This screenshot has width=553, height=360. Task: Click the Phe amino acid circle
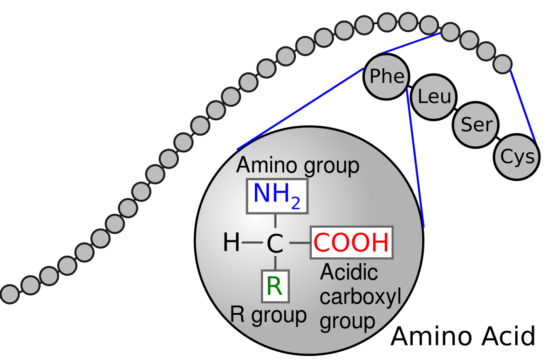(x=386, y=76)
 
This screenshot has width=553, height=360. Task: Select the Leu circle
(x=434, y=97)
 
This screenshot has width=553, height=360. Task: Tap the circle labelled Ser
(x=476, y=124)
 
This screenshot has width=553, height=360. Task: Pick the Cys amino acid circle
(x=517, y=157)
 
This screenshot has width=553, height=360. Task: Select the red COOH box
(x=352, y=242)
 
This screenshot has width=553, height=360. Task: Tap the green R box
(x=275, y=286)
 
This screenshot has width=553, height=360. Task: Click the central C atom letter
(x=275, y=244)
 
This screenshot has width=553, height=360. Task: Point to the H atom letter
(x=231, y=243)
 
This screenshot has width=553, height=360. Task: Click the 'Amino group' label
(x=298, y=165)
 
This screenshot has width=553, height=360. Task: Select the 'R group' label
(x=268, y=315)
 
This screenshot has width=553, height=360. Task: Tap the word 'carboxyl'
(x=360, y=297)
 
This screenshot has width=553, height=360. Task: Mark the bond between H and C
(x=252, y=243)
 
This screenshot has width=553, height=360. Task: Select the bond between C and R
(x=275, y=263)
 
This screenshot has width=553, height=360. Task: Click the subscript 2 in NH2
(x=296, y=203)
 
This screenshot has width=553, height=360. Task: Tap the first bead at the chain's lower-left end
(x=9, y=294)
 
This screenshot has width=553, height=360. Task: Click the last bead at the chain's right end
(x=503, y=64)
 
